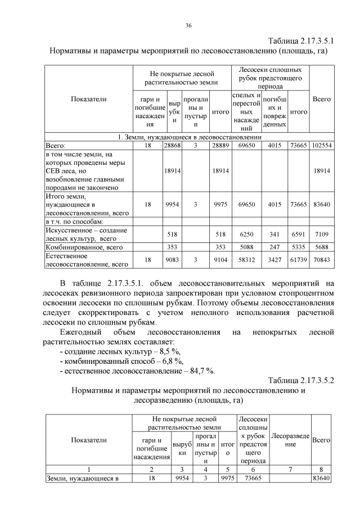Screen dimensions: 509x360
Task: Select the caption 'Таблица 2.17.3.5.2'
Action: pos(301,381)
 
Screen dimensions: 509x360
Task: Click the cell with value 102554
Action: pos(321,145)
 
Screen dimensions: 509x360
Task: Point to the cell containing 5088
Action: pos(246,247)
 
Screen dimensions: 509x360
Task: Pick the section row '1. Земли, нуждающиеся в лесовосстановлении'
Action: pos(189,137)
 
